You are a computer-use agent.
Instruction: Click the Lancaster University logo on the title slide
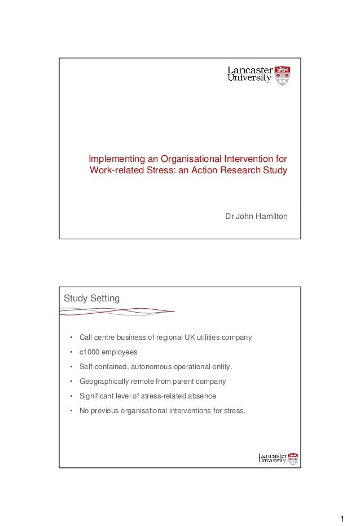[x=258, y=75]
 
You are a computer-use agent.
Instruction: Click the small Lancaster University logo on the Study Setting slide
[x=278, y=458]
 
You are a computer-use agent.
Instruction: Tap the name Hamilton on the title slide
[x=270, y=216]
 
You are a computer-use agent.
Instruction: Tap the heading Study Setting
[x=91, y=298]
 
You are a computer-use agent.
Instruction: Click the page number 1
[x=342, y=519]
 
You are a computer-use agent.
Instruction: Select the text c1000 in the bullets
[x=90, y=352]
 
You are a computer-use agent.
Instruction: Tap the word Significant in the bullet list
[x=96, y=396]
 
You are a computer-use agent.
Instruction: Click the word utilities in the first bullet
[x=207, y=337]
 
